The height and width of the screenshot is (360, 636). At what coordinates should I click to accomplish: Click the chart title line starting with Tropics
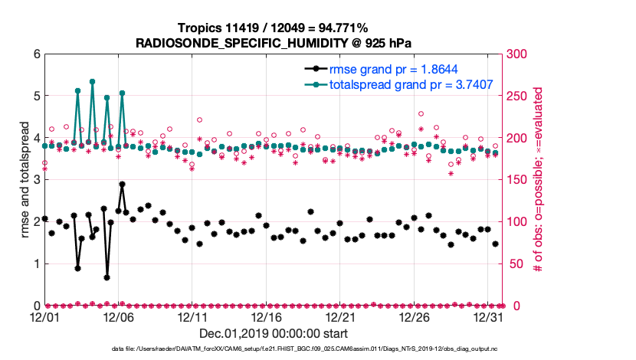coord(273,28)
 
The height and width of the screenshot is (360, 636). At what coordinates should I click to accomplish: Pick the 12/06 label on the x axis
coord(118,316)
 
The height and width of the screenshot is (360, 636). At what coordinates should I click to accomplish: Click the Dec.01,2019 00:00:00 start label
coord(273,333)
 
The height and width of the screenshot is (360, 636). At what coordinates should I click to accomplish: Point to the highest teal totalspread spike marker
coord(92,81)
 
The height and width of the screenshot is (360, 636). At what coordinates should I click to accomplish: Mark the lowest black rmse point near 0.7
coord(107,277)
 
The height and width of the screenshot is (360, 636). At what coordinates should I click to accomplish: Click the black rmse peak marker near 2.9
coord(122,185)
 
